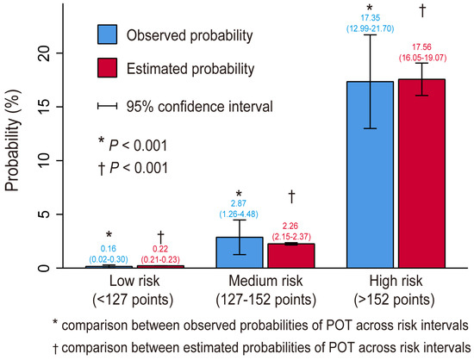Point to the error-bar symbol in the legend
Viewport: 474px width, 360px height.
[x=107, y=107]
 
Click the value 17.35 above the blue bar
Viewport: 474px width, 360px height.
[x=370, y=20]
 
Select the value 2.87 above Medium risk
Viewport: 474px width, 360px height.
[x=239, y=202]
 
